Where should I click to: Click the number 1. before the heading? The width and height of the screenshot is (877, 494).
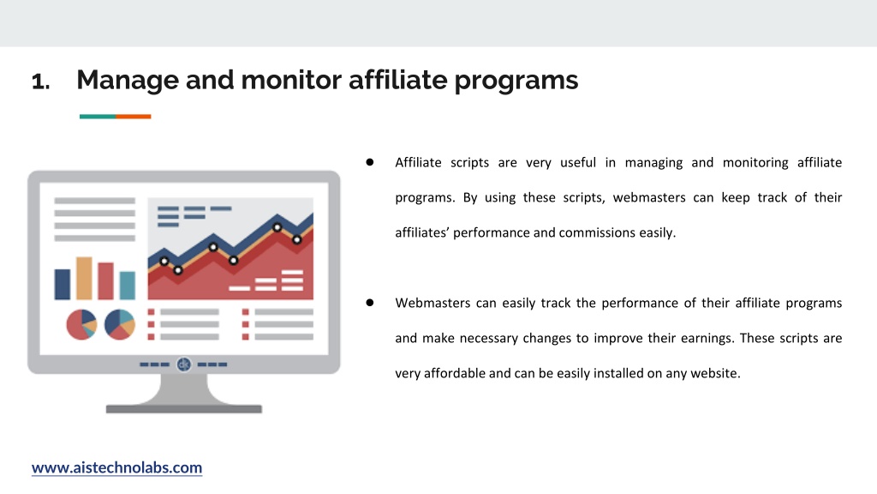point(41,81)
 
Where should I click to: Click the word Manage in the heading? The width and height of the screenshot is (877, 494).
point(128,81)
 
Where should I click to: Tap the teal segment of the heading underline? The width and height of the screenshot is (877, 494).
point(98,117)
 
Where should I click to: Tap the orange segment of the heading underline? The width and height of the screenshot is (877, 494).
point(133,117)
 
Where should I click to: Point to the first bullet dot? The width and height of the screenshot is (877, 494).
point(370,162)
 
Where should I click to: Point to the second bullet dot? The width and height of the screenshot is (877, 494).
point(370,303)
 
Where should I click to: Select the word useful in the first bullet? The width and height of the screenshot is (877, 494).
point(578,162)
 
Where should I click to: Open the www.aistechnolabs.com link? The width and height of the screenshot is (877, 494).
point(116,467)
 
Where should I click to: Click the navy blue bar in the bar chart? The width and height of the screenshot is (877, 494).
point(62,285)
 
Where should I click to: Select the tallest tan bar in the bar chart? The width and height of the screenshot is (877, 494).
point(84,279)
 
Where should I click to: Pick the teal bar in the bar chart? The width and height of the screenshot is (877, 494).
point(127,286)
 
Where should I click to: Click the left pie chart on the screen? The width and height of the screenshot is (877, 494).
point(81,325)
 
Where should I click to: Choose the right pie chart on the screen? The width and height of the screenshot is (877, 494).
point(120,325)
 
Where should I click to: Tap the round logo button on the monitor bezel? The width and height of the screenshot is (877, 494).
point(183,364)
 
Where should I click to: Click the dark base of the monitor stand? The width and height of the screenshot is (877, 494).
point(184,409)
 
